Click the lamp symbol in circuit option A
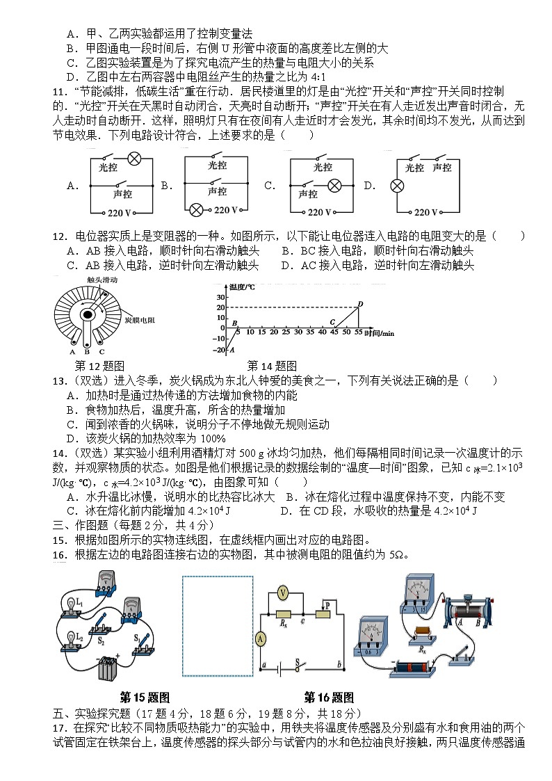point(135,159)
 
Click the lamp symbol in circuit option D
point(398,186)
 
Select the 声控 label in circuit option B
point(217,191)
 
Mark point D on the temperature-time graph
point(360,303)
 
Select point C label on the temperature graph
point(332,322)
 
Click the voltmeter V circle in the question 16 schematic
point(282,593)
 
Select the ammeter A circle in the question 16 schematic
point(261,638)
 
